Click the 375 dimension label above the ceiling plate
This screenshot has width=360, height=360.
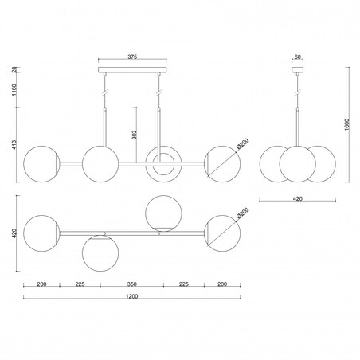(x=132, y=57)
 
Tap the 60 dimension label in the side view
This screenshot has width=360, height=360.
(x=297, y=57)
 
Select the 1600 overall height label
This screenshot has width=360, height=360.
(x=347, y=124)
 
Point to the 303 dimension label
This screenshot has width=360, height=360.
(x=135, y=135)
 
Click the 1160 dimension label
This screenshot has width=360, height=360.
(x=14, y=90)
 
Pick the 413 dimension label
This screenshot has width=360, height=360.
(x=14, y=144)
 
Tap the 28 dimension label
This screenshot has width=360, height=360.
(x=14, y=70)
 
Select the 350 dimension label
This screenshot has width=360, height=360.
(x=131, y=284)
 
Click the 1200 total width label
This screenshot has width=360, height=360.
(x=131, y=296)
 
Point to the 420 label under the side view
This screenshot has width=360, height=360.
(x=297, y=198)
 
